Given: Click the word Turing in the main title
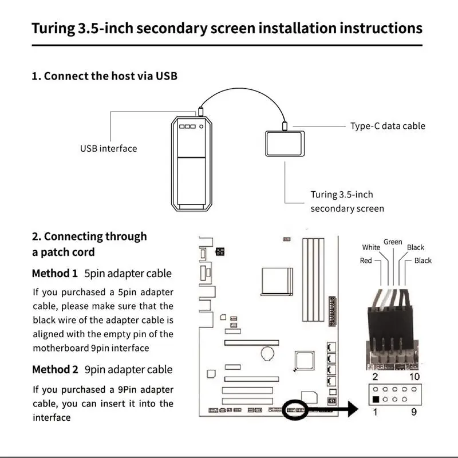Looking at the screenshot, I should point(53,28).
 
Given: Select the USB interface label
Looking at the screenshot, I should point(108,149).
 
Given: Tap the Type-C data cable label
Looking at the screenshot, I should point(388,126).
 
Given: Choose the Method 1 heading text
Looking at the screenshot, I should point(54,273).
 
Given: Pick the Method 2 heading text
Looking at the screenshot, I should point(54,369).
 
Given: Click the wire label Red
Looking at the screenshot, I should point(365,260).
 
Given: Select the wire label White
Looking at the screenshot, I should point(371,247).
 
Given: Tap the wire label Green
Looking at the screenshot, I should point(393,242).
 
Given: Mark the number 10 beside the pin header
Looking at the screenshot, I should point(414,376).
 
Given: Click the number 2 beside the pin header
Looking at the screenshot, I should point(374,376).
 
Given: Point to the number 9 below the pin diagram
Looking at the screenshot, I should point(414,412).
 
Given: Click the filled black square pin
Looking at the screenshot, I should point(375,399).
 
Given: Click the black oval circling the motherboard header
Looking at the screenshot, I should point(296,409).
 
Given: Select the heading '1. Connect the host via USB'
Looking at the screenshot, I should point(104,76).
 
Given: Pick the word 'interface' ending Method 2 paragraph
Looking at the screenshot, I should point(52,417).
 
